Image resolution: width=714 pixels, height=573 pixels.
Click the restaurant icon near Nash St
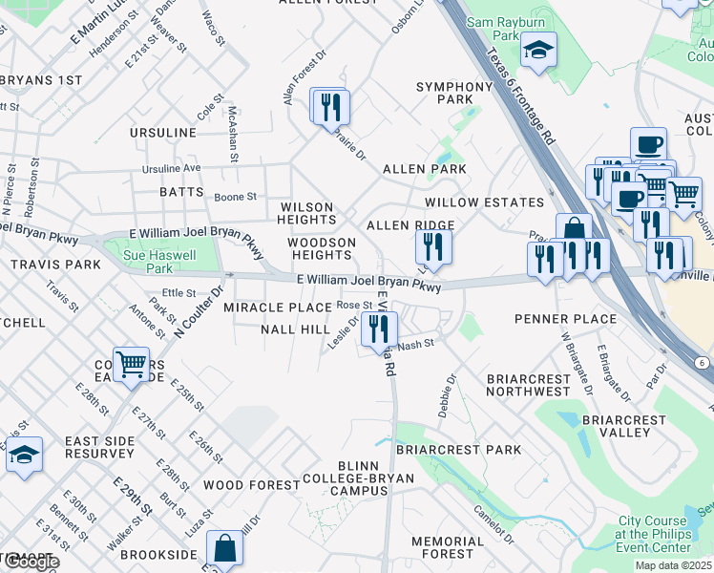pos(379,329)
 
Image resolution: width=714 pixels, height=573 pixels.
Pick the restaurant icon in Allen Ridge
pos(433,247)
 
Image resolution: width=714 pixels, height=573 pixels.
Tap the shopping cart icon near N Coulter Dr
pos(131,362)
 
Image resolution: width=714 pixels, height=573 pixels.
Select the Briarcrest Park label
pos(457,449)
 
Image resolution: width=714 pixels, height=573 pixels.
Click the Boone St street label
pos(235,197)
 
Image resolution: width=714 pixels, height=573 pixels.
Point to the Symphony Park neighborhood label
pos(453,94)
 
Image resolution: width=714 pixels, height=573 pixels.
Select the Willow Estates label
pos(484,202)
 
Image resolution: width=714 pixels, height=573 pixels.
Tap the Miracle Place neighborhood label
pos(278,308)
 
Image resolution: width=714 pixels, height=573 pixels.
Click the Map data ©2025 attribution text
pos(673,565)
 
